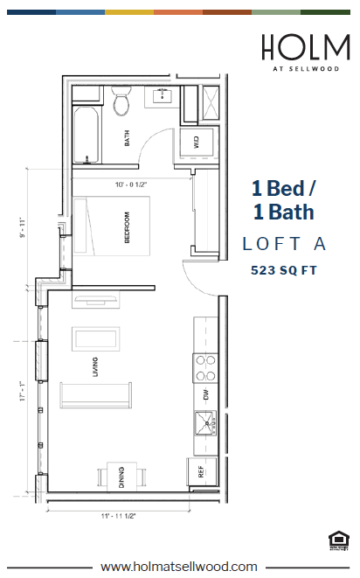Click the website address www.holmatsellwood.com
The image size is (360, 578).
pyautogui.click(x=179, y=566)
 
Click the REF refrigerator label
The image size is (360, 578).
pyautogui.click(x=200, y=471)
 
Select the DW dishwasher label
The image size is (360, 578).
pyautogui.click(x=207, y=395)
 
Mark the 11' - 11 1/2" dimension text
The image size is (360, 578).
pyautogui.click(x=119, y=516)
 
